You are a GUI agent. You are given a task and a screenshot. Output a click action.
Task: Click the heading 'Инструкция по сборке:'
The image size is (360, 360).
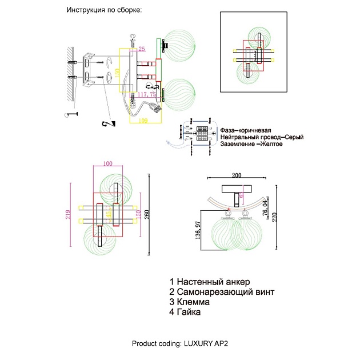[103, 10]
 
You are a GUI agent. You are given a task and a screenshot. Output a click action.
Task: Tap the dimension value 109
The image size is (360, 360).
[144, 120]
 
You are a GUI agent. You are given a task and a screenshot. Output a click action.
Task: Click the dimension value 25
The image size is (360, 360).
[142, 49]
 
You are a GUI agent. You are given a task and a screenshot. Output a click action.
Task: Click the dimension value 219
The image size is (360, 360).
[69, 215]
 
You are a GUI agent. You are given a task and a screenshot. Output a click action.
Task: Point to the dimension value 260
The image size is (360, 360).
[147, 214]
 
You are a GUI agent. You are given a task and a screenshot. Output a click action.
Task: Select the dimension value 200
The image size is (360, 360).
[237, 175]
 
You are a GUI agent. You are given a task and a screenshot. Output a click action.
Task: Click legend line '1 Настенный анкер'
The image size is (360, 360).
[210, 282]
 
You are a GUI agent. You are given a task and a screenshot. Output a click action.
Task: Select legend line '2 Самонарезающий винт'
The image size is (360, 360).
[222, 292]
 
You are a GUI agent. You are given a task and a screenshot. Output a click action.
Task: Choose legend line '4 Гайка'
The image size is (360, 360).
[185, 313]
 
